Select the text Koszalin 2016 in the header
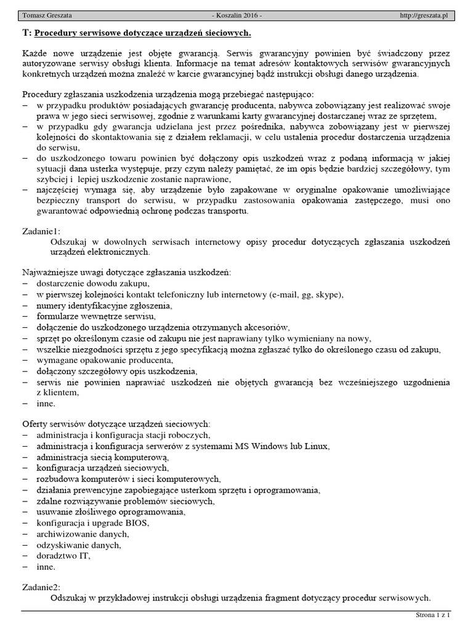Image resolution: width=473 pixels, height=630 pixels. (236, 14)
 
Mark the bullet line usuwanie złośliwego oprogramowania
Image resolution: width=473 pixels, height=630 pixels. (110, 512)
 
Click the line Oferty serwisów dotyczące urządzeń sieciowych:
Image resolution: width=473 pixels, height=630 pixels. (116, 424)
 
